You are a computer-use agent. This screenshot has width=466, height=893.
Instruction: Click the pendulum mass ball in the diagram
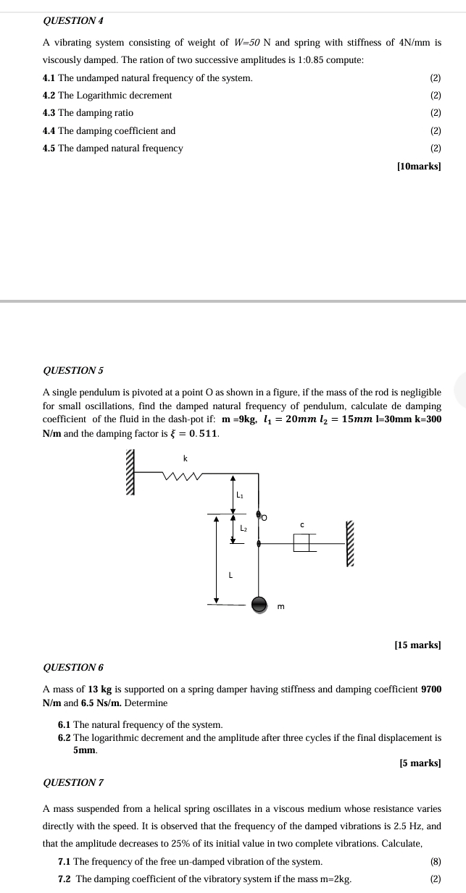259,604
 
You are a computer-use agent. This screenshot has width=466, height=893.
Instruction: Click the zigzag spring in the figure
180,476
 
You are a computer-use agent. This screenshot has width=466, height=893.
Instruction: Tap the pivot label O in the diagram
264,517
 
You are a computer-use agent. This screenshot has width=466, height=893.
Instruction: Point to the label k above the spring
185,458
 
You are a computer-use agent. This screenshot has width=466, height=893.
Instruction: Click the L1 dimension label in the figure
241,495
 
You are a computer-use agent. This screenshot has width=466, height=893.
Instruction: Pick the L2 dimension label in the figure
244,529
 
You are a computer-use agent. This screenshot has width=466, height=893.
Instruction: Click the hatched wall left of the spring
130,471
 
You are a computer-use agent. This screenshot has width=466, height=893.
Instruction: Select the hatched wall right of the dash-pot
351,543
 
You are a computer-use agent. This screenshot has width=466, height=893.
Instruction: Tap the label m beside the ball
281,605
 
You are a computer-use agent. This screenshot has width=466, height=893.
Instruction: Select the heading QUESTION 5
73,370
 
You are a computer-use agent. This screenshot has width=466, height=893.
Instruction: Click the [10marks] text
419,166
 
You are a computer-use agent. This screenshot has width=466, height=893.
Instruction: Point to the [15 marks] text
417,644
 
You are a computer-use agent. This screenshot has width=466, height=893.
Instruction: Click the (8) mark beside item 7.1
435,861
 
